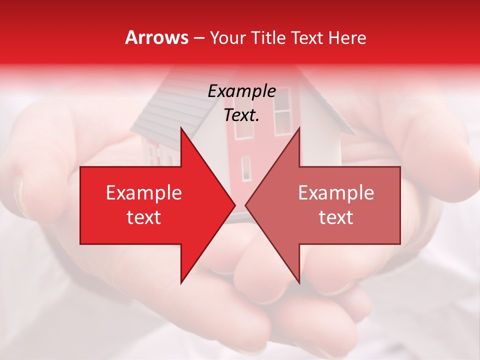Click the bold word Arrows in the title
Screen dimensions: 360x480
157,37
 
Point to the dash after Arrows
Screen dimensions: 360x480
198,38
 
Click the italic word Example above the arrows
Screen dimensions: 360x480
241,91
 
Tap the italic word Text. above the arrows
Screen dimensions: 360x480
241,115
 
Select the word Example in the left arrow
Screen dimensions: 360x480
143,193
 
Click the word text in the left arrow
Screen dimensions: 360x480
143,217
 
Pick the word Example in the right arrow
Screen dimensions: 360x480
336,193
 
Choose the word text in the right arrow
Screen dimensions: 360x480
336,217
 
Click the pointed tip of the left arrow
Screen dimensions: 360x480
234,205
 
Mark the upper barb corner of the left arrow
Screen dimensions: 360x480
181,128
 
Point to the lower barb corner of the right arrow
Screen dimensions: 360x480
299,282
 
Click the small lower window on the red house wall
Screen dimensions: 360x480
246,168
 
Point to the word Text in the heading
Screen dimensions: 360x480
306,38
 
